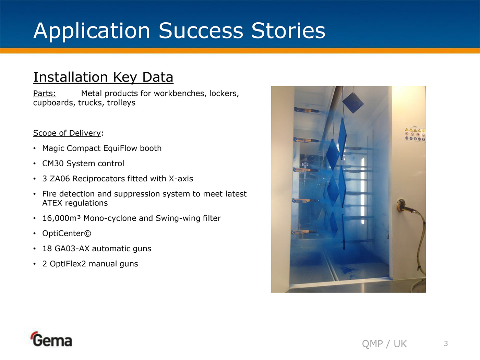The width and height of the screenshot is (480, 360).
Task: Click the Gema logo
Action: tap(51, 339)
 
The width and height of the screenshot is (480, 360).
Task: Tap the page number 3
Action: tap(446, 344)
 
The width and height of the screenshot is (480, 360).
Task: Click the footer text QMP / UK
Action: tap(384, 344)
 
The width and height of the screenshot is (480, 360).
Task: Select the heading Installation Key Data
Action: tap(103, 77)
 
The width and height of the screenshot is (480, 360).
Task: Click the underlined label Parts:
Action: tap(45, 94)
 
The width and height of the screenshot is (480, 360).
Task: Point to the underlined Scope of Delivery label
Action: tap(67, 133)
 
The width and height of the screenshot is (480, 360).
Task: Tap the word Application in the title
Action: tap(92, 32)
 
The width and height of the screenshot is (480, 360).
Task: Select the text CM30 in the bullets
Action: tap(53, 163)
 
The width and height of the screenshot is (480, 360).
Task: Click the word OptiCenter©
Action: tap(67, 233)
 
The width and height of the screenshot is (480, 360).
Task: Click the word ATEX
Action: tap(52, 203)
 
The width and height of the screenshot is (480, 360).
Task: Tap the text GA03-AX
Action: tap(72, 249)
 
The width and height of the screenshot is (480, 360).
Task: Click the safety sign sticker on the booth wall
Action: tap(415, 134)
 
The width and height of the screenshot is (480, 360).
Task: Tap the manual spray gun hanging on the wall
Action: tap(405, 206)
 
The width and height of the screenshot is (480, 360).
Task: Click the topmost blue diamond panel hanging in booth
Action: tap(353, 103)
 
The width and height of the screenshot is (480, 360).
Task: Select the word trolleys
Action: tap(121, 103)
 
